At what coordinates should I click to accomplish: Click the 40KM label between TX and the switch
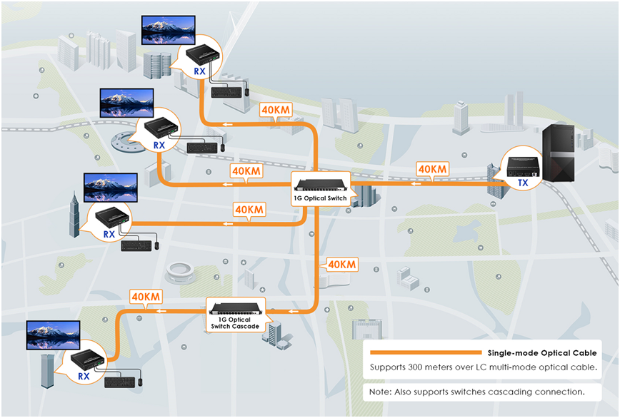tap(433, 169)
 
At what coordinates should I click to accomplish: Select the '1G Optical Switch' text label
tap(321, 198)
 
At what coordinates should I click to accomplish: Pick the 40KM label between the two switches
tap(340, 265)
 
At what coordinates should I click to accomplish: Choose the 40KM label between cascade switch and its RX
tap(146, 297)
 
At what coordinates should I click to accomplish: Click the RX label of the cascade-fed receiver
tap(84, 375)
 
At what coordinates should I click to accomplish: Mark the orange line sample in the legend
tap(425, 352)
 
